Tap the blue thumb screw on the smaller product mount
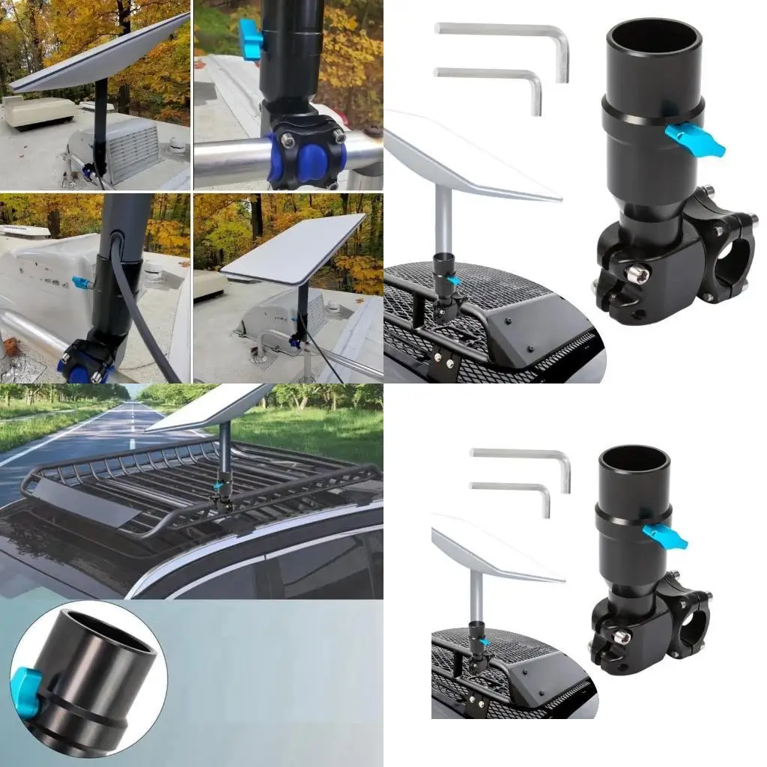click(665, 534)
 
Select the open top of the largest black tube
click(654, 37)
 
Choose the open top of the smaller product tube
click(634, 459)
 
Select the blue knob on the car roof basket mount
click(217, 485)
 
